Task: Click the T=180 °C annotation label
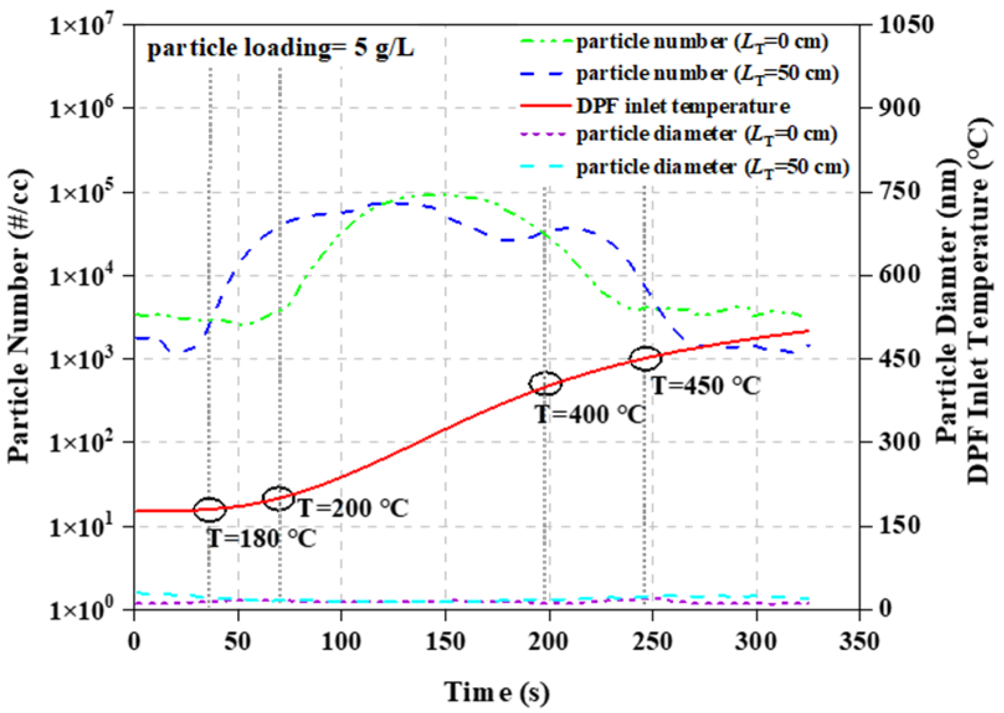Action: (261, 538)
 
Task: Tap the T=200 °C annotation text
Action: (353, 508)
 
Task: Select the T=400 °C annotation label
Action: (590, 414)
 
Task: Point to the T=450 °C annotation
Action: (706, 386)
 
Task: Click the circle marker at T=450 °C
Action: (646, 359)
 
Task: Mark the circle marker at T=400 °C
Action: (545, 383)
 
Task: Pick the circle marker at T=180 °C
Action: (210, 509)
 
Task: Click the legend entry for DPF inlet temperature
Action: (683, 106)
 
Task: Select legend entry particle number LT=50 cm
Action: (707, 74)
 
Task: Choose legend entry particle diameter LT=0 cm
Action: (707, 134)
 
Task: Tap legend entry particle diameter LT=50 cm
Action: (712, 167)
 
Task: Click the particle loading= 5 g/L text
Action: (280, 48)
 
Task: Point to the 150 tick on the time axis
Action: (445, 641)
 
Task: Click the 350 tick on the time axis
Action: (859, 641)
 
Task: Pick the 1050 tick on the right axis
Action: (905, 25)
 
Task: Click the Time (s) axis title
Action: (496, 692)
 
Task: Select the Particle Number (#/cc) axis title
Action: (19, 316)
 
